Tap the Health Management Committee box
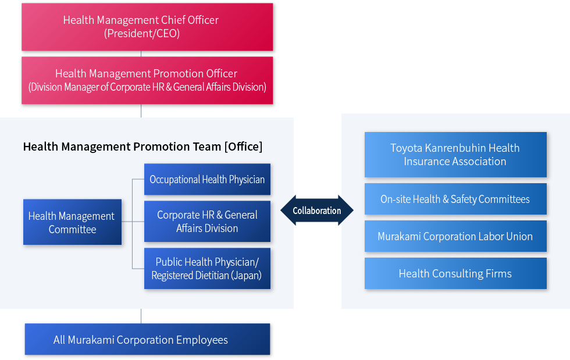point(72,222)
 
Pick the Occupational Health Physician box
point(207,179)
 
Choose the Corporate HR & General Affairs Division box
point(207,221)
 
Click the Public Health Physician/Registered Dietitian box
point(207,269)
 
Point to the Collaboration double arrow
point(317,211)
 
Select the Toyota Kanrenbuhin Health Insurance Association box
point(455,155)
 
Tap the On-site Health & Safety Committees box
point(455,199)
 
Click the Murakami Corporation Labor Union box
point(455,236)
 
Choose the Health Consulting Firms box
point(455,273)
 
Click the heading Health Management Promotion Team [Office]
point(142,147)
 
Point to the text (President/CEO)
point(142,34)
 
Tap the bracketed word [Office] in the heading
point(243,147)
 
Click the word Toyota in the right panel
point(406,148)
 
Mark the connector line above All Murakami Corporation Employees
point(141,315)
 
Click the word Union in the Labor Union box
point(519,237)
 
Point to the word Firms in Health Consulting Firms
point(498,273)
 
